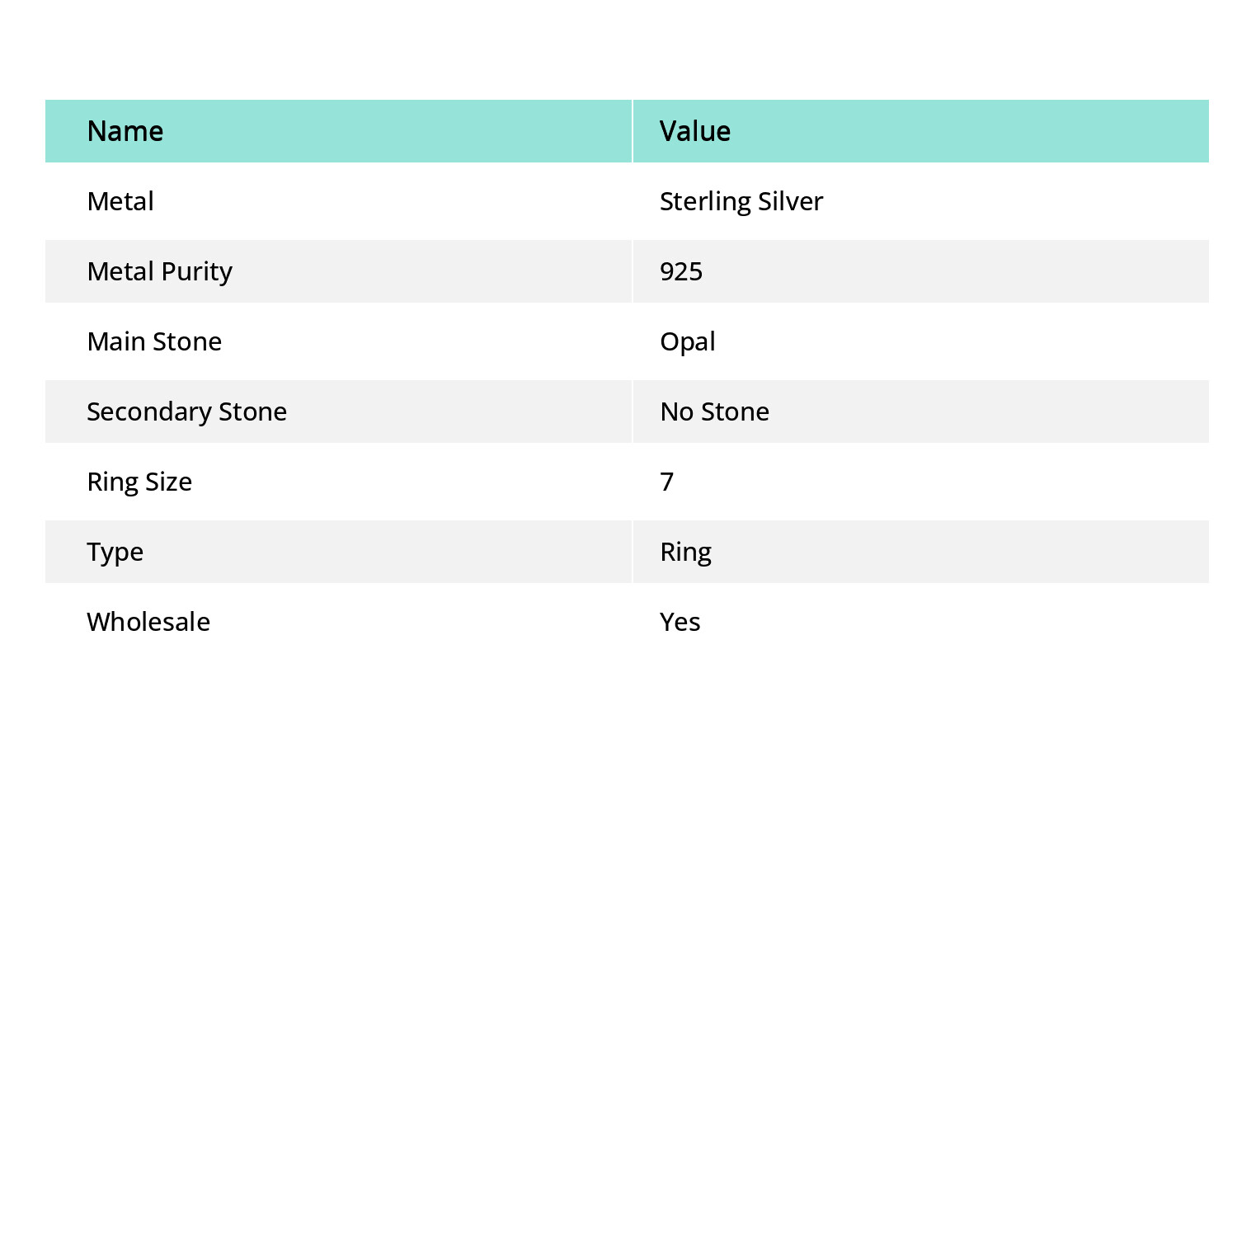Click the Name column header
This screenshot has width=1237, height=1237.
pos(125,131)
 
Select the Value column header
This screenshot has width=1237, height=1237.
pos(695,131)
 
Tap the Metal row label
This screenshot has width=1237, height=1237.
pos(120,201)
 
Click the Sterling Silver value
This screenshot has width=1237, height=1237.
pos(741,201)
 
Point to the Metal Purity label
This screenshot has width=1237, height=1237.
pos(159,271)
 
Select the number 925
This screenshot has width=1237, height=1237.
pos(681,271)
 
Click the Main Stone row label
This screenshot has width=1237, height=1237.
pos(154,341)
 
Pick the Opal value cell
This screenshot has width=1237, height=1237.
pos(688,341)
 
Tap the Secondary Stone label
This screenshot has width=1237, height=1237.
pos(186,412)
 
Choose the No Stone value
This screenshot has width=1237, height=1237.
pos(714,412)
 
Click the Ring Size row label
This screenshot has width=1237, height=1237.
pos(139,482)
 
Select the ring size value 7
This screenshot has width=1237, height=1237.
pos(667,482)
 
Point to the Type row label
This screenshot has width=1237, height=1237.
pos(115,552)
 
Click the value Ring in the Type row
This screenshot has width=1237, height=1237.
pos(685,552)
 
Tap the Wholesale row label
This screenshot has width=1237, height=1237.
pos(148,622)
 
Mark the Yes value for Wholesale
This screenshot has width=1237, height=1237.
pos(680,622)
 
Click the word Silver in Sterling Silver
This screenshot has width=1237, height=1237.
pos(790,201)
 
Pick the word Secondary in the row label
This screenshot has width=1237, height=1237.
pos(149,412)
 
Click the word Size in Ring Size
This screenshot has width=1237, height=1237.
pos(168,482)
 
